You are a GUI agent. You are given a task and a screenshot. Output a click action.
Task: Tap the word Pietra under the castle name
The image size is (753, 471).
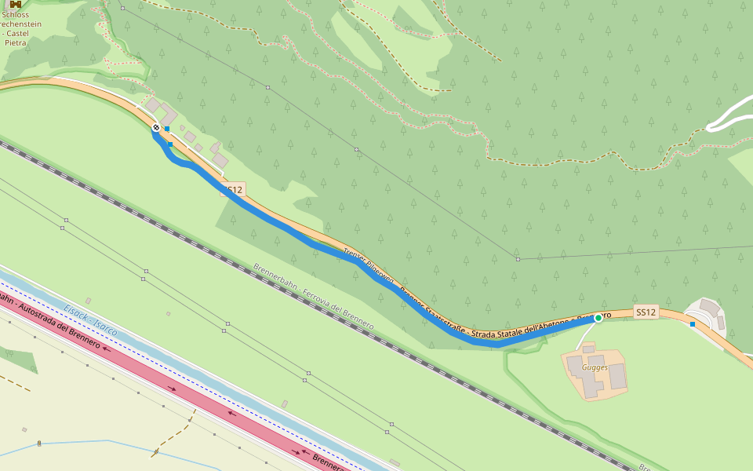(x=16, y=42)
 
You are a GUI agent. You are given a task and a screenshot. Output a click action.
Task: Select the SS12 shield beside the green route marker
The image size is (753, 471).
(x=646, y=312)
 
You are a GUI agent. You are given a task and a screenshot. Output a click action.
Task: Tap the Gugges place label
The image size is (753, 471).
(x=595, y=367)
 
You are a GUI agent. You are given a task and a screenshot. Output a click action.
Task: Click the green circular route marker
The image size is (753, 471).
(x=598, y=318)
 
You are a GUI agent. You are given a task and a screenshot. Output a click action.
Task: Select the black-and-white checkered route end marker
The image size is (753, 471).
(x=156, y=127)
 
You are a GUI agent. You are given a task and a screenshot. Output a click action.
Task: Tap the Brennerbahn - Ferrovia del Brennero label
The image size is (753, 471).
(x=313, y=296)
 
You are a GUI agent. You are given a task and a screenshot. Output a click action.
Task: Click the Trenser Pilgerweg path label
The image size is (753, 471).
(x=369, y=266)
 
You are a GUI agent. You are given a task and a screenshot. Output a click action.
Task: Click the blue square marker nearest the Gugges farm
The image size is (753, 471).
(x=693, y=323)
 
